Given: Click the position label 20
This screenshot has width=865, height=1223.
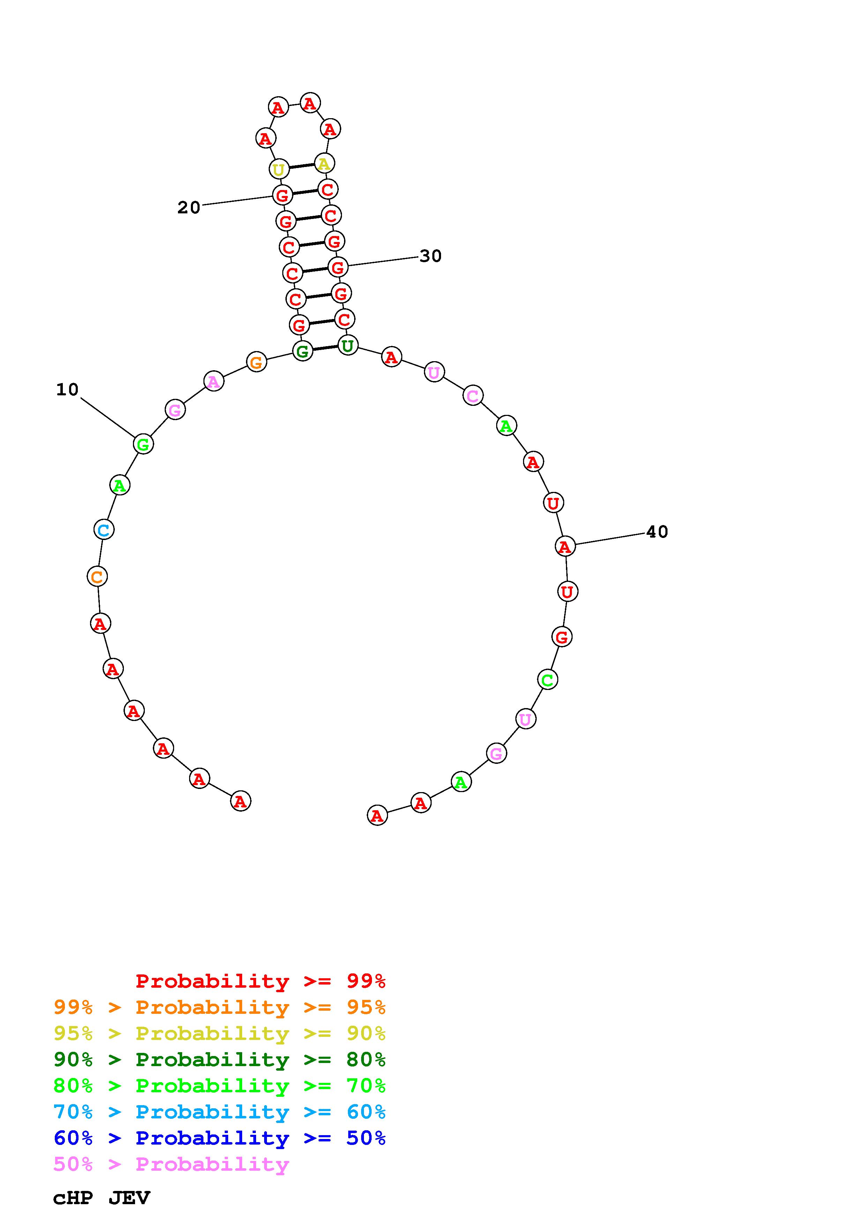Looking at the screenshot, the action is click(x=189, y=208).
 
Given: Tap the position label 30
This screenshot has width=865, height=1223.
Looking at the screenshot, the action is click(x=431, y=256).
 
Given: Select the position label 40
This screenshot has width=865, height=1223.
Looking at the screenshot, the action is click(x=657, y=532).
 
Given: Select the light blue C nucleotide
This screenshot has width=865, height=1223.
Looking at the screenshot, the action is click(x=104, y=530).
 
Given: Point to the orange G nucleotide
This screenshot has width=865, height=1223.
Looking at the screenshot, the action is click(x=256, y=362).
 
